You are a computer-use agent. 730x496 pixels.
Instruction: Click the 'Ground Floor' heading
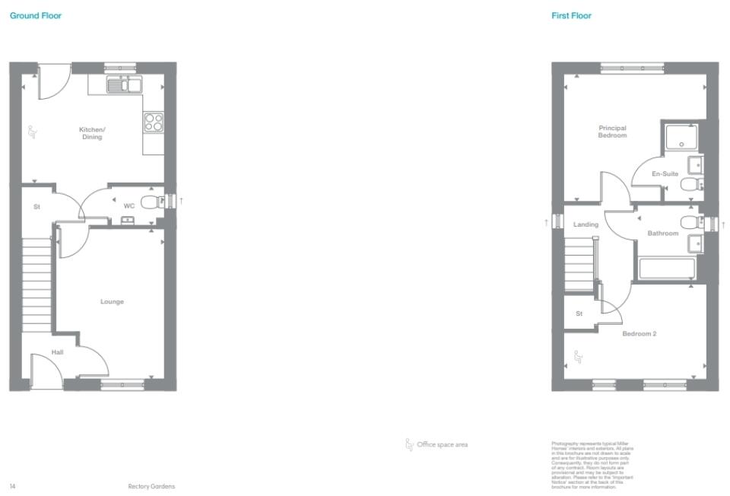[36, 15]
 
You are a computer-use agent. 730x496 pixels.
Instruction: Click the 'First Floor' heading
[571, 15]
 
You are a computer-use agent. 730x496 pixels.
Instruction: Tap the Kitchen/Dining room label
[92, 133]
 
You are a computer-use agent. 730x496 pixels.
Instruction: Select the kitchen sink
[123, 84]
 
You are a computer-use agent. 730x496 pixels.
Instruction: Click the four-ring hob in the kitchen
[154, 122]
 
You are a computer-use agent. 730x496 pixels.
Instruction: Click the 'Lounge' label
[112, 302]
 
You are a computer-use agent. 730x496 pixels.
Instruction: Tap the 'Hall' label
[58, 352]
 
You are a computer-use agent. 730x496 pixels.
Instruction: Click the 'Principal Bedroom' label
[612, 132]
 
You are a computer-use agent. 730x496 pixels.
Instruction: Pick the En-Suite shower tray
[681, 138]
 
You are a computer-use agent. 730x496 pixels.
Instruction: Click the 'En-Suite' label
[665, 174]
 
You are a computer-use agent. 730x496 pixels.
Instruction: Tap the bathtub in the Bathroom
[667, 269]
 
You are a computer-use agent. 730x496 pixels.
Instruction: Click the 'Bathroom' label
[662, 234]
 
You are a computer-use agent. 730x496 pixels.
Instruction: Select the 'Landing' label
[586, 224]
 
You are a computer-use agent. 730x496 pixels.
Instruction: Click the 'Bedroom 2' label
[639, 333]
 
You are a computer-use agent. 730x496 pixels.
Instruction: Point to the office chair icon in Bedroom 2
[577, 355]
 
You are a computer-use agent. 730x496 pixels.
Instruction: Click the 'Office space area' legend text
[442, 444]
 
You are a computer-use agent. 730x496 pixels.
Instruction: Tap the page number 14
[12, 486]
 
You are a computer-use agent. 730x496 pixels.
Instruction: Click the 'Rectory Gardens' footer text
[151, 486]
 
